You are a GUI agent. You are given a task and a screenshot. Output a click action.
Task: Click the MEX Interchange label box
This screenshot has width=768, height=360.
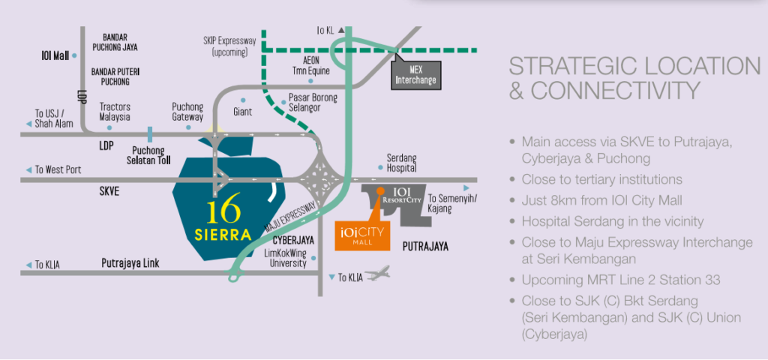pos(415,74)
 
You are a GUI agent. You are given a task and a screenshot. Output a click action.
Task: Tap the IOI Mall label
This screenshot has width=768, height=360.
pos(55,55)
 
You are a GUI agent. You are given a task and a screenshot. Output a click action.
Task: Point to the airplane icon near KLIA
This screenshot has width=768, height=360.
pos(380,274)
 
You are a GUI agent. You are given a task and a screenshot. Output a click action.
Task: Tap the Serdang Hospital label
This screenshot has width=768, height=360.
pos(401,163)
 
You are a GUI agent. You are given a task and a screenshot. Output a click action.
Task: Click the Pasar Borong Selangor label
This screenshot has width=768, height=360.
pos(313,103)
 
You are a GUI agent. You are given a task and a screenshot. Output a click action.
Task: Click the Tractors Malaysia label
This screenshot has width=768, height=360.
pos(115,112)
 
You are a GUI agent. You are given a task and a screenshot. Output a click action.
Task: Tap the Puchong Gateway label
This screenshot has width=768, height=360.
pos(187,112)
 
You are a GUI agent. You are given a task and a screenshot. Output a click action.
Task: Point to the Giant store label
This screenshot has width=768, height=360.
pos(242,112)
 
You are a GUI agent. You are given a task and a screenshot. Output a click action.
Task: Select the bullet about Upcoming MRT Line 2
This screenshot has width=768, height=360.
pos(620,280)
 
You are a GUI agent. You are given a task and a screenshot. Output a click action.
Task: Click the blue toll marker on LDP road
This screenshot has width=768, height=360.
pos(151,134)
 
